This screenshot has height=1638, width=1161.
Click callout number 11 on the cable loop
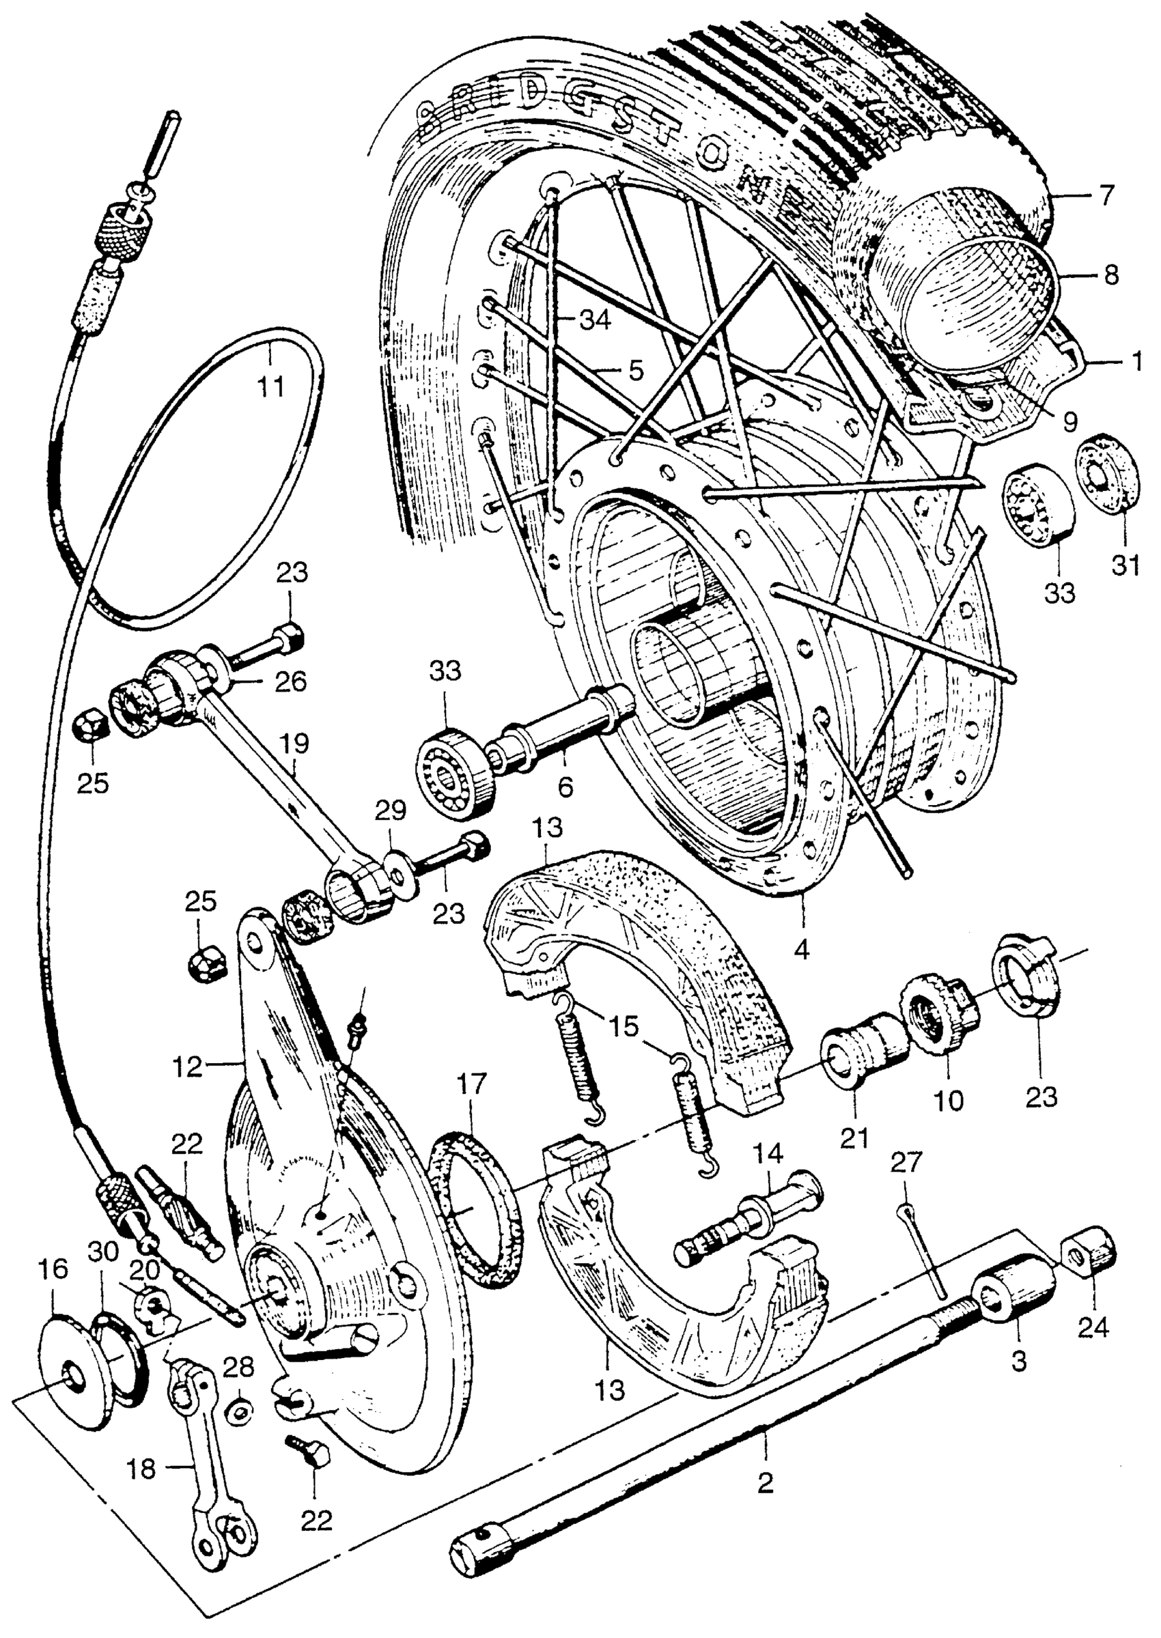click(271, 386)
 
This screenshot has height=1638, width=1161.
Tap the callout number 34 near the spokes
click(594, 321)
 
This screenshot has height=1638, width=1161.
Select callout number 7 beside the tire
click(1106, 195)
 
